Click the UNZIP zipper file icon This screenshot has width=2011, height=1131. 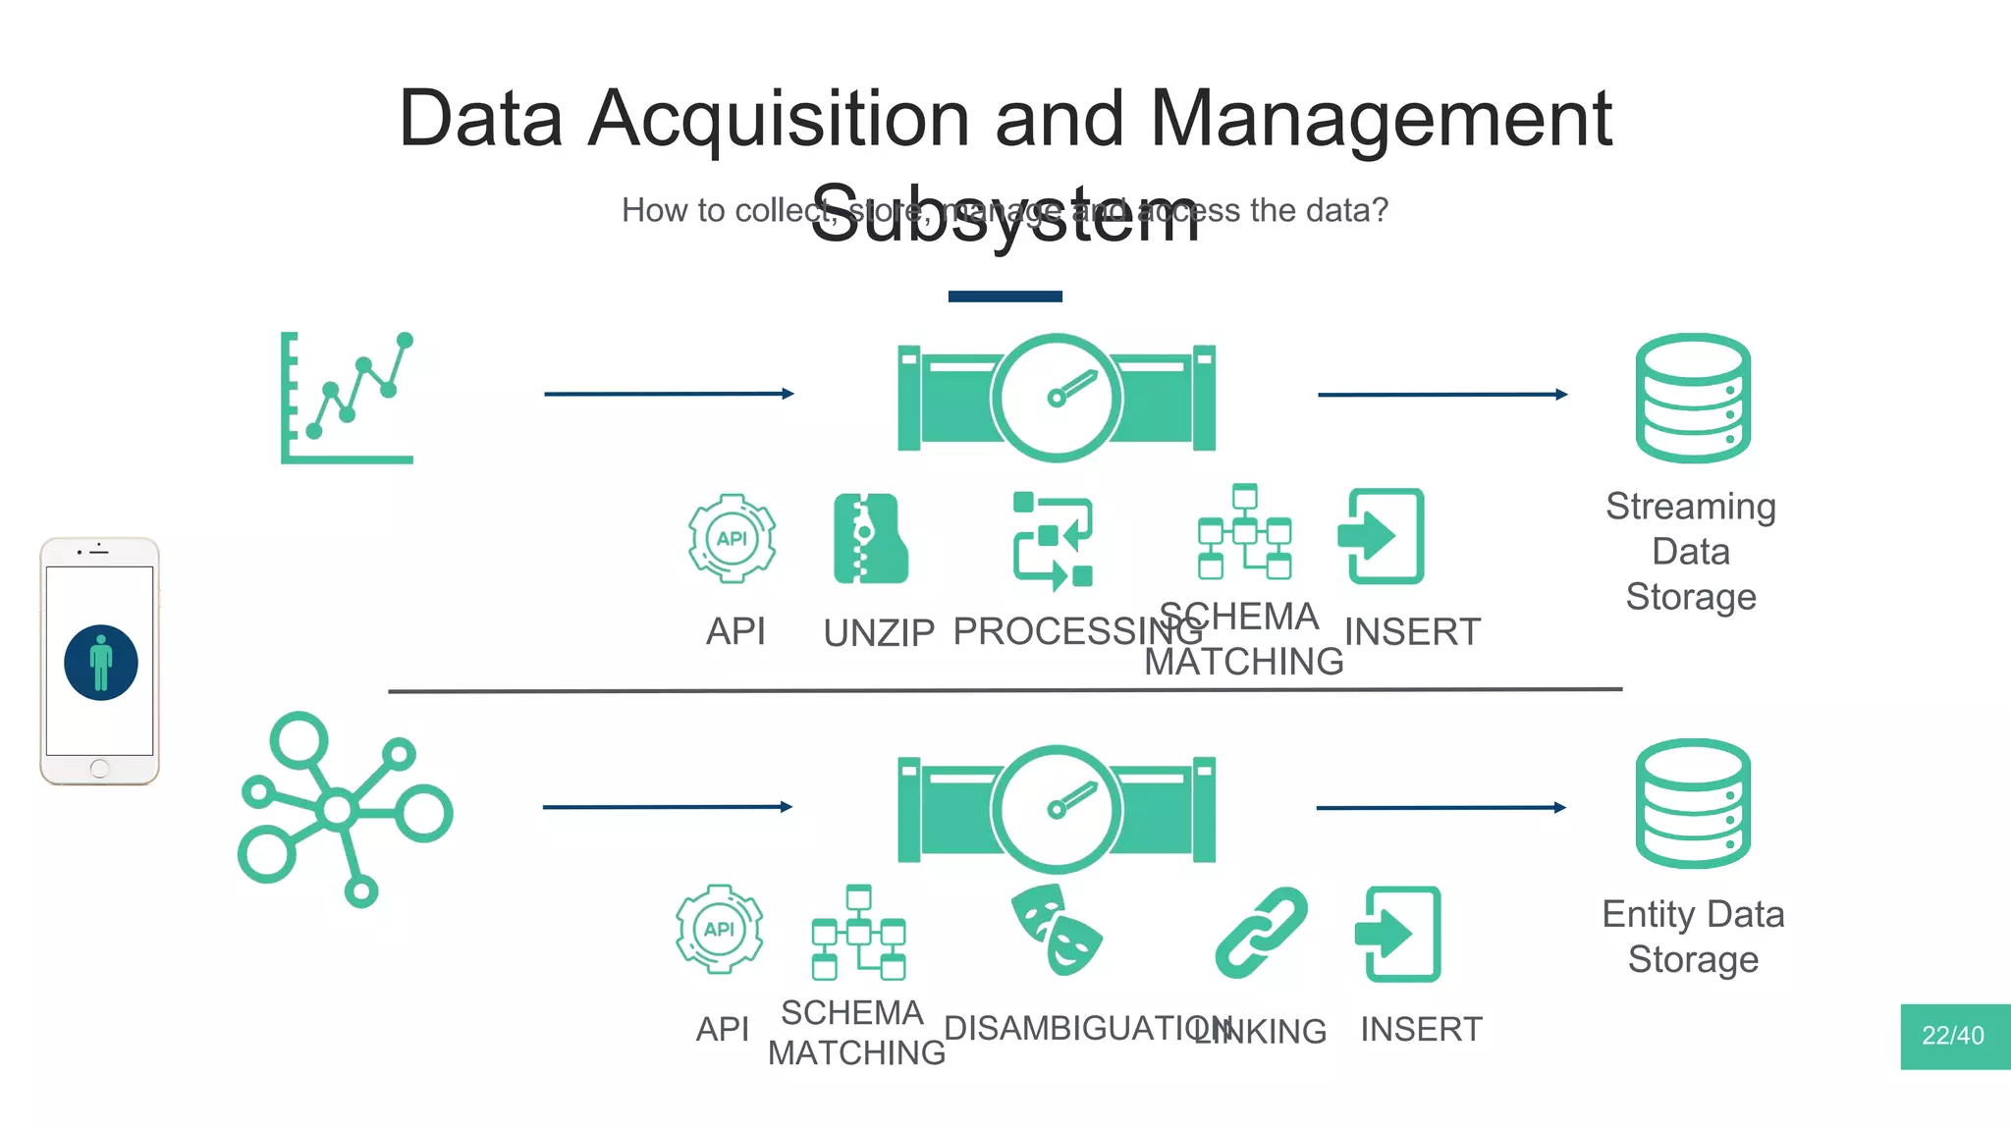[x=870, y=539]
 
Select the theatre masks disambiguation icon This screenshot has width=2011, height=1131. [x=1056, y=930]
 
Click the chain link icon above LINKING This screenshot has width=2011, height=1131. [x=1261, y=933]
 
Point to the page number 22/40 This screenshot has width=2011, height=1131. [x=1953, y=1036]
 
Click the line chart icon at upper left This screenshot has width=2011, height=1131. [x=348, y=398]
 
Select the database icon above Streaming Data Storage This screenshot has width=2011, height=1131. [x=1693, y=398]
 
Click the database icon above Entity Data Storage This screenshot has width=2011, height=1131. [x=1693, y=803]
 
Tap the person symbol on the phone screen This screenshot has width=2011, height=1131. [x=101, y=663]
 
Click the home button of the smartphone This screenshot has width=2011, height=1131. [x=99, y=769]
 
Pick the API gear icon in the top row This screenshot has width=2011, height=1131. [x=732, y=539]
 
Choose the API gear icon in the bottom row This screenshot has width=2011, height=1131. [x=719, y=929]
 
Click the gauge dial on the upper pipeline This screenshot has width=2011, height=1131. [x=1057, y=398]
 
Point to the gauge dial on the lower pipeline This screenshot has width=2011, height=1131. [x=1057, y=809]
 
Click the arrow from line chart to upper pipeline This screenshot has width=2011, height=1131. [x=668, y=394]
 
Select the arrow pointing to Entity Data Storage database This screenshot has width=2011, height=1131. [x=1440, y=807]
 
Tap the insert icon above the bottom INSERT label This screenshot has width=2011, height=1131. [x=1397, y=934]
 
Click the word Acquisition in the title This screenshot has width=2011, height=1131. [x=779, y=119]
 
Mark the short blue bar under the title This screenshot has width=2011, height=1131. [x=1005, y=296]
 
